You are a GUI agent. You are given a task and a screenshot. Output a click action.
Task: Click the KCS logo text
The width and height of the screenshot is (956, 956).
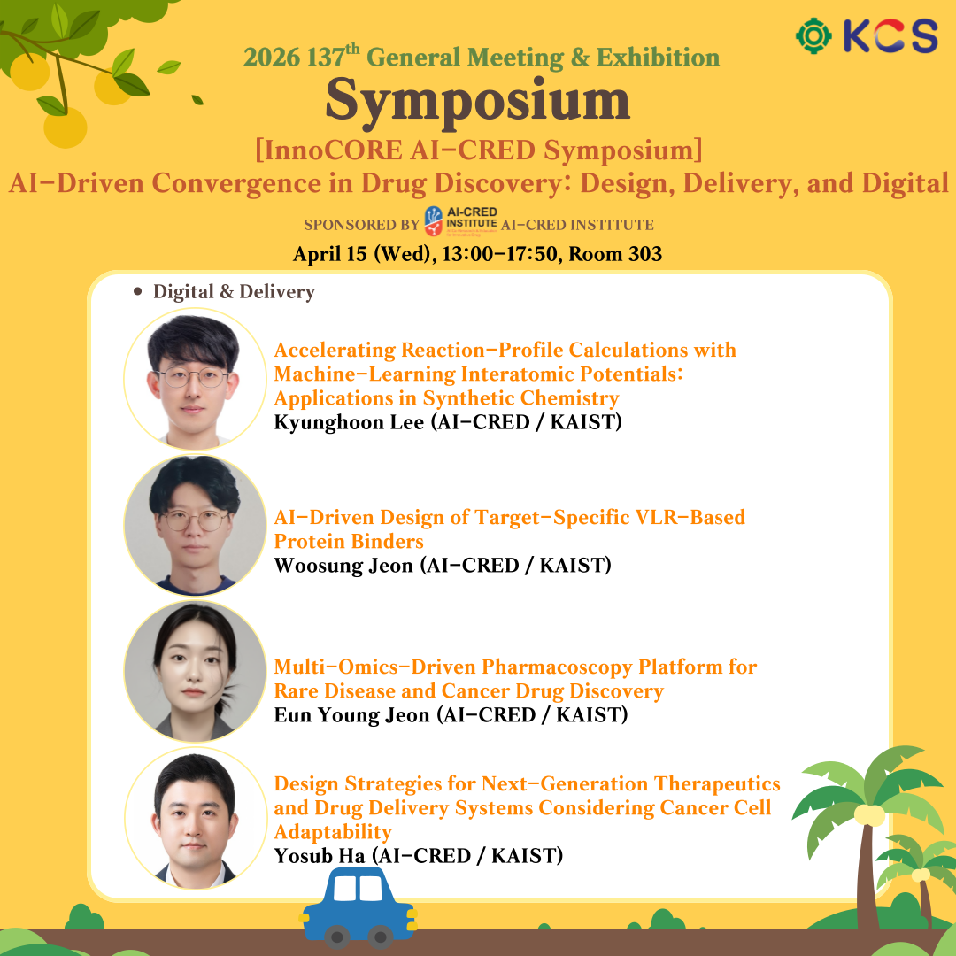(890, 35)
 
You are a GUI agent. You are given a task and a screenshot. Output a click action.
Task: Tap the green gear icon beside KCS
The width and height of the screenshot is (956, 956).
(814, 36)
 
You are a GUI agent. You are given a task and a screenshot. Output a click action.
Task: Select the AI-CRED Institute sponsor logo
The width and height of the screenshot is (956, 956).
(460, 221)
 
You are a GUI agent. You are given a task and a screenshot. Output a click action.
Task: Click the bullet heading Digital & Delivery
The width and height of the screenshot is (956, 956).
(234, 291)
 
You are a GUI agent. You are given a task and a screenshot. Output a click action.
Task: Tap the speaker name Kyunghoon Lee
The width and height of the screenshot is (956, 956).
(349, 422)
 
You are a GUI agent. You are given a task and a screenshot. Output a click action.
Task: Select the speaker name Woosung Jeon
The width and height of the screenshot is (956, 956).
(343, 566)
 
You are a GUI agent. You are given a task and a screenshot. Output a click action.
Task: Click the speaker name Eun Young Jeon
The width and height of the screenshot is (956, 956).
(351, 715)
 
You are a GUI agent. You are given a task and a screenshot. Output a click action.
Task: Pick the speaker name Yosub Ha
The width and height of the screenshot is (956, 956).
(320, 856)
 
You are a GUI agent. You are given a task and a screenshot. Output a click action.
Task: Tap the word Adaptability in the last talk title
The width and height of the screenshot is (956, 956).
(333, 832)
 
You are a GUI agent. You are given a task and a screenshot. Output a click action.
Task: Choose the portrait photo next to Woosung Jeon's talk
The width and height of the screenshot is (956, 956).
(195, 525)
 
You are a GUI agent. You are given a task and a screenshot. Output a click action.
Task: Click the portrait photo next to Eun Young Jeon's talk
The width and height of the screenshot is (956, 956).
(195, 671)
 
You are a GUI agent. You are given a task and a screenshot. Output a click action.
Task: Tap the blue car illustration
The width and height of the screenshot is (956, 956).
(358, 907)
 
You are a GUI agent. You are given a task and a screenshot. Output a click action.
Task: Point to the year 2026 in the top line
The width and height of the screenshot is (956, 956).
(272, 58)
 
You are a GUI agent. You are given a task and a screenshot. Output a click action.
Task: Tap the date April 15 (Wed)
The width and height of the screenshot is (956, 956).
(364, 254)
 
